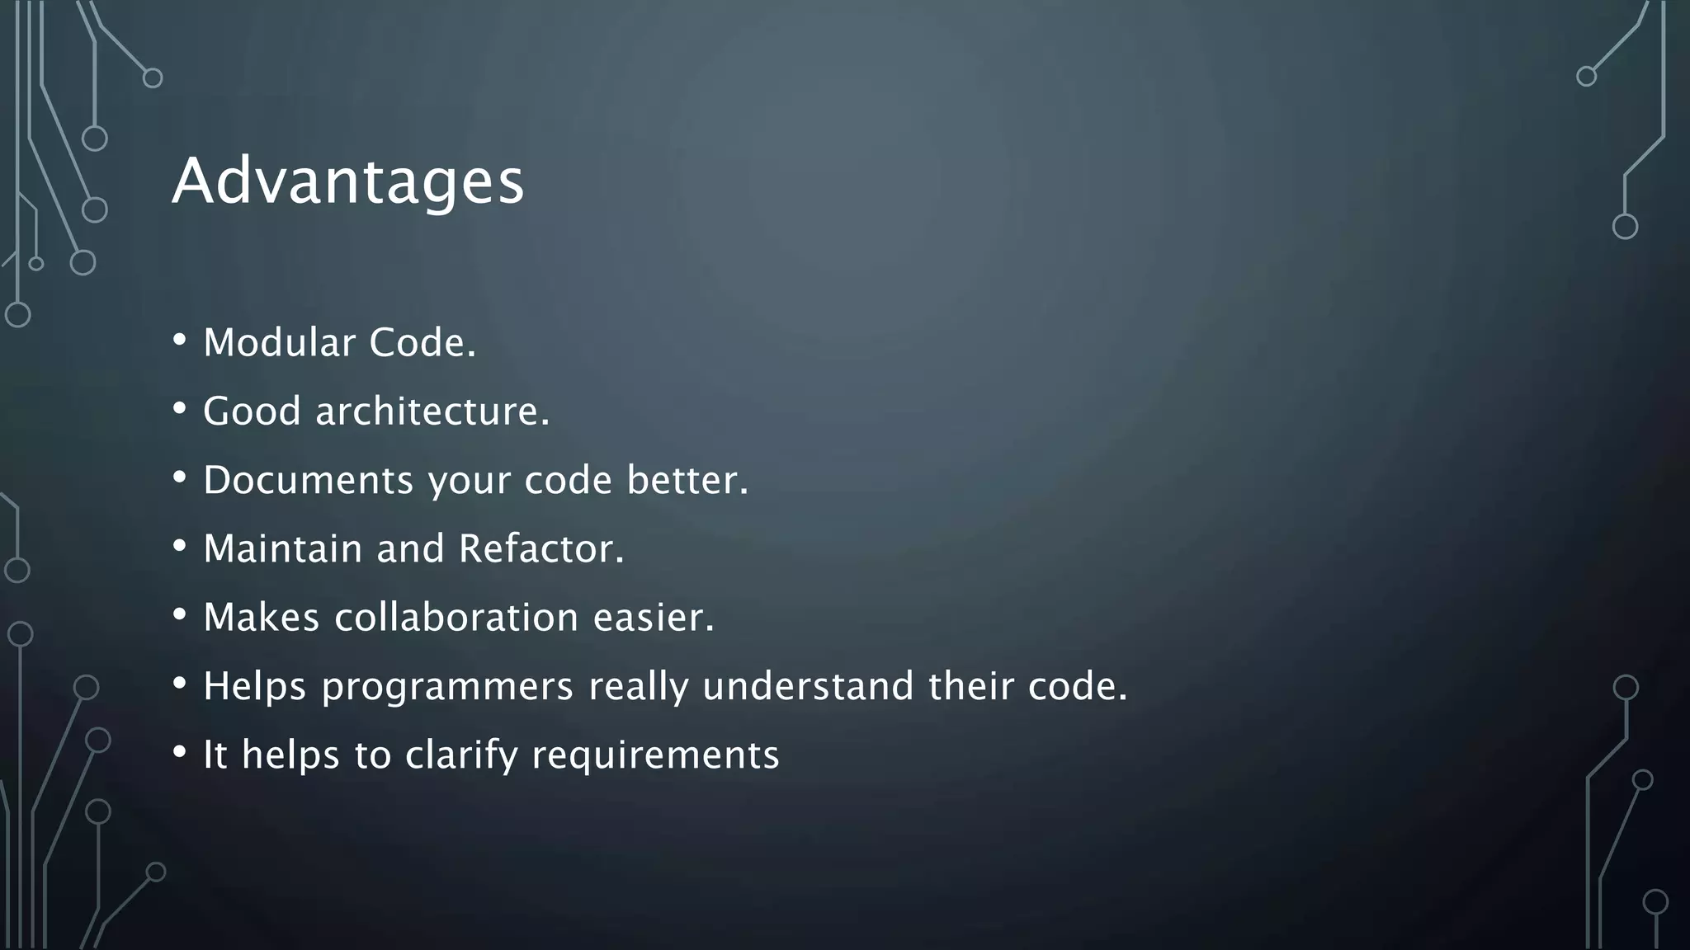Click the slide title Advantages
(347, 181)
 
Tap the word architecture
(432, 411)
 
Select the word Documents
(308, 480)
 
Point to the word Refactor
(540, 548)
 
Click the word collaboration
(456, 617)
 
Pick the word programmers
(446, 686)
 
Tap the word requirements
(655, 755)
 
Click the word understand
(808, 686)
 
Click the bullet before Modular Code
(180, 341)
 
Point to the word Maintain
(282, 548)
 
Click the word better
(687, 480)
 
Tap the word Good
(252, 411)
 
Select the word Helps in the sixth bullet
(255, 686)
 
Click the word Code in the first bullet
(422, 342)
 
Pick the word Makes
(261, 617)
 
